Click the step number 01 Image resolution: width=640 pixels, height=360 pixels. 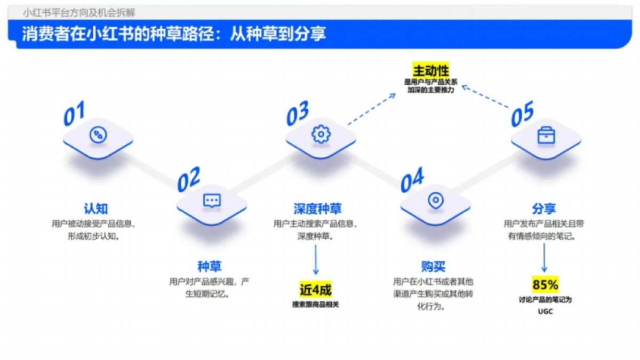point(74,114)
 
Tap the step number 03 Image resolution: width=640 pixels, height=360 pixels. point(298,114)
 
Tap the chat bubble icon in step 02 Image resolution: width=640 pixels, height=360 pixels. point(212,201)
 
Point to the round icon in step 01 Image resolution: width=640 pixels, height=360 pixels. point(98,134)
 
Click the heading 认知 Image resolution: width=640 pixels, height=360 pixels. point(96,209)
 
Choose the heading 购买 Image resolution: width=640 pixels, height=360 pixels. point(433,266)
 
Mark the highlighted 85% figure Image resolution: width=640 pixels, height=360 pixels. point(545,285)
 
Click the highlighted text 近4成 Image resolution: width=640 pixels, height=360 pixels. point(315,290)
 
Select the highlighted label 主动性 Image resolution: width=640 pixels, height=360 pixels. point(430,70)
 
